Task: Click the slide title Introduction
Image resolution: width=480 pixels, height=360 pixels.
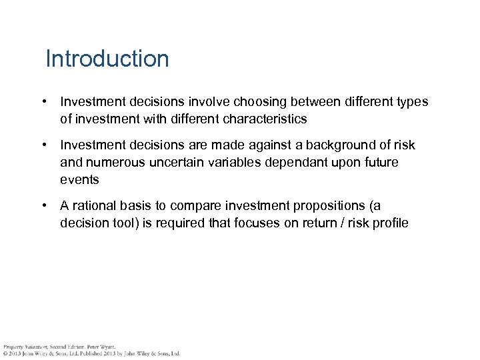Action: coord(107,59)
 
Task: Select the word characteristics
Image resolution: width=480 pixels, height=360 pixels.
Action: coord(260,119)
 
